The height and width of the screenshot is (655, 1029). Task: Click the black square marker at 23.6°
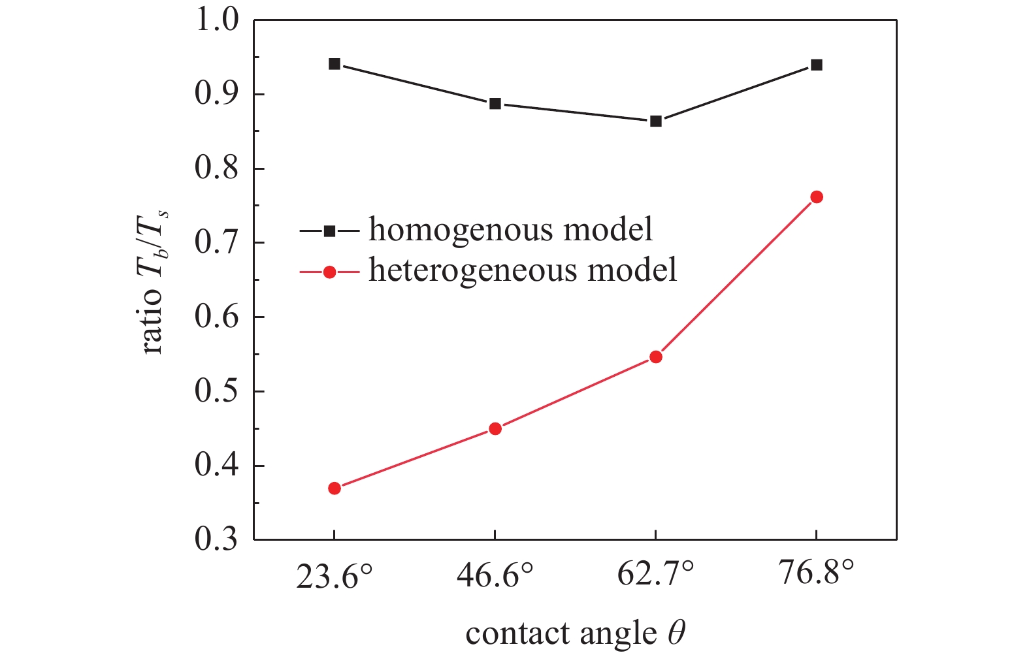[x=335, y=64]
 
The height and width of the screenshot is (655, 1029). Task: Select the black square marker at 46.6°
[x=495, y=104]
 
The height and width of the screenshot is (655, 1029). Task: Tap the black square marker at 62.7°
[x=656, y=121]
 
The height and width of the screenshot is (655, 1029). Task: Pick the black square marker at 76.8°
[x=816, y=65]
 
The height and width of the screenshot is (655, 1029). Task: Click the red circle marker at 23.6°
[x=335, y=488]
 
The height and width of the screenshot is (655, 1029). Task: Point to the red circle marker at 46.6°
[x=495, y=429]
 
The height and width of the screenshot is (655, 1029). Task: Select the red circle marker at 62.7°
[x=656, y=357]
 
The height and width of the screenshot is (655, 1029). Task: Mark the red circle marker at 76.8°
[x=816, y=197]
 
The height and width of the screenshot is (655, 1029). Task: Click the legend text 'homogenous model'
[x=510, y=229]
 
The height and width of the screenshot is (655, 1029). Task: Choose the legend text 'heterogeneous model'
[x=523, y=270]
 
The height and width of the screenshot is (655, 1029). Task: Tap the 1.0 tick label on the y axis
[x=217, y=20]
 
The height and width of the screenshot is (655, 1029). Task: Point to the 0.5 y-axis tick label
[x=217, y=391]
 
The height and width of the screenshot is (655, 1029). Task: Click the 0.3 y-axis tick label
[x=217, y=540]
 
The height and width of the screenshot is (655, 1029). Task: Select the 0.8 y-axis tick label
[x=217, y=168]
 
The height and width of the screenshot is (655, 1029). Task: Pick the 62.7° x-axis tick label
[x=656, y=575]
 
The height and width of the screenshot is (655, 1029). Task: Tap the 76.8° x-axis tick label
[x=816, y=575]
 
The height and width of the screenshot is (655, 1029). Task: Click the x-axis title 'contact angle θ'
[x=576, y=633]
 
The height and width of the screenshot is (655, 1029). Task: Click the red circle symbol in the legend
[x=330, y=272]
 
